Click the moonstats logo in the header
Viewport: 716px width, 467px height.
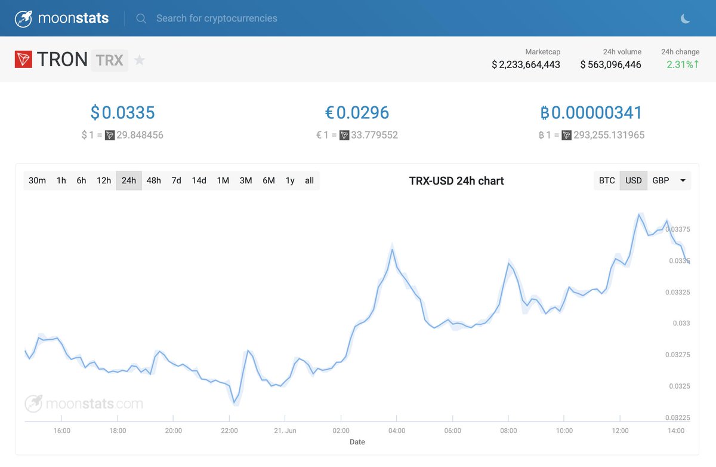click(x=62, y=19)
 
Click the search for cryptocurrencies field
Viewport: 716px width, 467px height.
click(x=217, y=19)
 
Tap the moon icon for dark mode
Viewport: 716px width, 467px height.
click(x=686, y=19)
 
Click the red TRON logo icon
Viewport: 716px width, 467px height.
click(x=23, y=60)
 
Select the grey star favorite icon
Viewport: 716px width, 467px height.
click(x=139, y=60)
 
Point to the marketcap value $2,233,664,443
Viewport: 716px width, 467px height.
click(x=526, y=64)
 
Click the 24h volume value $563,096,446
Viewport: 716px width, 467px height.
click(x=610, y=64)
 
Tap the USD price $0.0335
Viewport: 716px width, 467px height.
click(x=122, y=112)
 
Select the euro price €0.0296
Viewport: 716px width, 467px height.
click(x=357, y=112)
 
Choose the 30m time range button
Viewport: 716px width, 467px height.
click(x=37, y=180)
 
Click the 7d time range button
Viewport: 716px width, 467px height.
click(x=176, y=180)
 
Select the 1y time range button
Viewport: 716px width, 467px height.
click(x=290, y=180)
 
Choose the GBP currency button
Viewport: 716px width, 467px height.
click(x=661, y=180)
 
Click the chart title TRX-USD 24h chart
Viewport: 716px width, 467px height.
click(x=456, y=181)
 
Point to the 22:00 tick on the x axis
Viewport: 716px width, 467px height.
click(x=229, y=431)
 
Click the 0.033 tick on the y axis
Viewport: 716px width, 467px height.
click(x=681, y=323)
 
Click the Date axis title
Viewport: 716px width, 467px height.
click(x=357, y=442)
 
